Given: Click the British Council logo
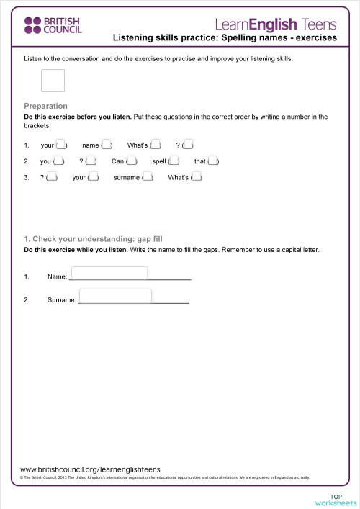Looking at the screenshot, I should coord(53,26).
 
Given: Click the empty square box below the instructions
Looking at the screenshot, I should coord(53,81).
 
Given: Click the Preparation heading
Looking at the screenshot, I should coord(45,106).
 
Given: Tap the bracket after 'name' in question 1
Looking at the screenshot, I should coord(107,145).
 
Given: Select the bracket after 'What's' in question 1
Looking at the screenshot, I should coord(156,145).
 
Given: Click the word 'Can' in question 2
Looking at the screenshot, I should coord(118,161).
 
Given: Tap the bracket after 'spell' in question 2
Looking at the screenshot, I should coord(173,161).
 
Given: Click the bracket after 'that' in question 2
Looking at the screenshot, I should coord(213,161).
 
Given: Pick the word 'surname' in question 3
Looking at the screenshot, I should coord(127,177).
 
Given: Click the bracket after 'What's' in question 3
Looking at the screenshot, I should coord(197,177).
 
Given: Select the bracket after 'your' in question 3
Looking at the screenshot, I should coord(93,177).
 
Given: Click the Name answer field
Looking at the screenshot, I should coord(109,273).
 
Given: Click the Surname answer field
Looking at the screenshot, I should coord(115,296).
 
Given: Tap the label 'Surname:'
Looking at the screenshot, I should coord(62,300).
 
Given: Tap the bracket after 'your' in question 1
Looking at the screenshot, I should coord(62,145).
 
